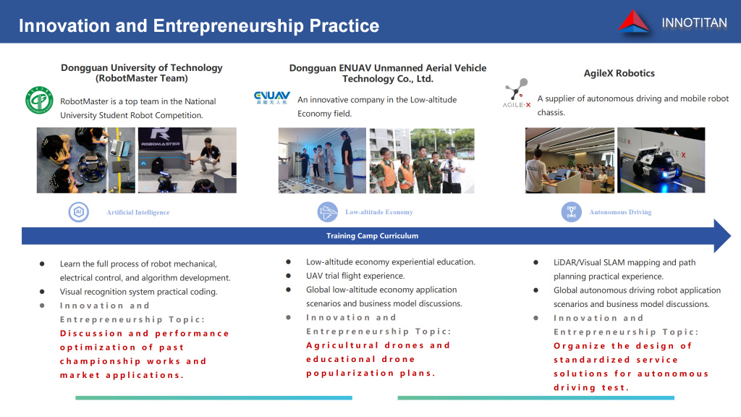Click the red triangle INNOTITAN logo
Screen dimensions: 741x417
coord(634,22)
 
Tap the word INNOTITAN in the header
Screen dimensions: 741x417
coord(694,22)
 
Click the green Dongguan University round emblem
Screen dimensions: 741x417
coord(39,100)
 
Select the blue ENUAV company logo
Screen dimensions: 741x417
coord(272,98)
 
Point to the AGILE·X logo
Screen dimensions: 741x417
coord(517,93)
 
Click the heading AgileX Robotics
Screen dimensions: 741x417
coord(619,73)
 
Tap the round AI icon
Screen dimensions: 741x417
coord(79,212)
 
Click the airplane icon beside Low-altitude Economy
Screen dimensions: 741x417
coord(328,212)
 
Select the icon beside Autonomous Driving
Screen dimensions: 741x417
coord(572,212)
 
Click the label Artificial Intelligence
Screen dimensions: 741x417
coord(138,212)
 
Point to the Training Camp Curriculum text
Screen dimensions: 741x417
coord(373,235)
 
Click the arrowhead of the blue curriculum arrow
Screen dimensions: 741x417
coord(723,235)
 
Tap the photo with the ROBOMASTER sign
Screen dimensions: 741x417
coord(187,160)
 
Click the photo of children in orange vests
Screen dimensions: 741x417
coord(422,161)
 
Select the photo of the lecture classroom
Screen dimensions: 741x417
coord(570,160)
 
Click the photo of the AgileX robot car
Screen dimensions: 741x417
coord(661,160)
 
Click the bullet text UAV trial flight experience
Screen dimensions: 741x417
coord(355,276)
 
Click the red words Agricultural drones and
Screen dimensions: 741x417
coord(378,345)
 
